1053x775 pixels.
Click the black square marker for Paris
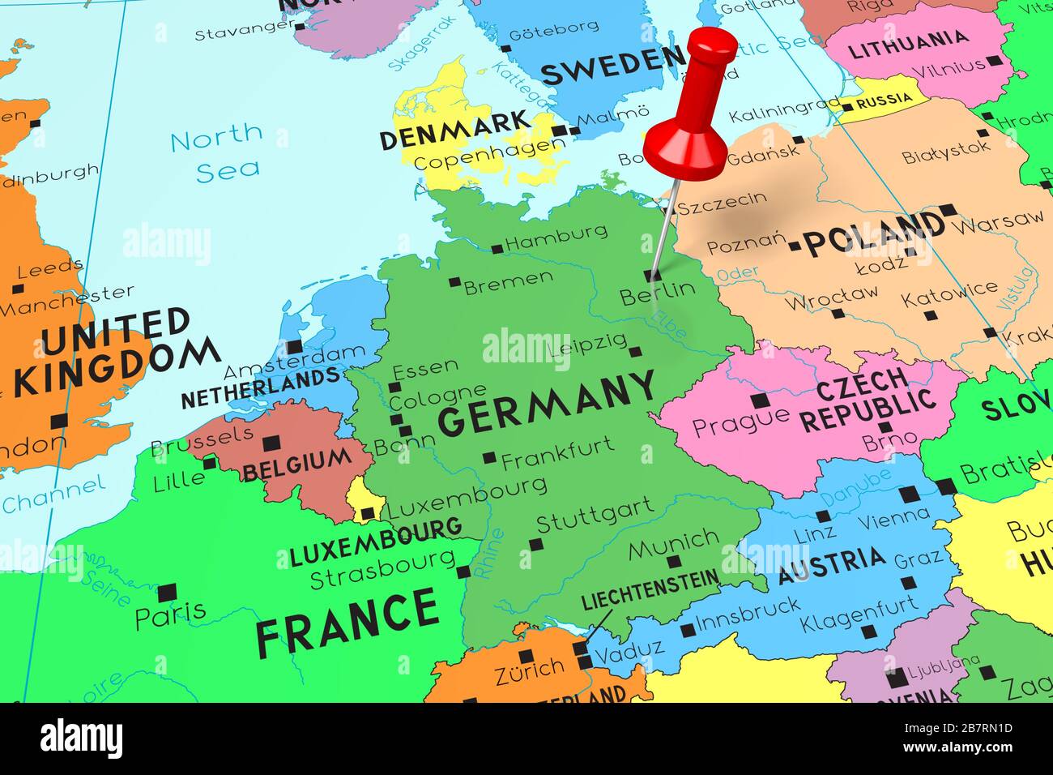(168, 593)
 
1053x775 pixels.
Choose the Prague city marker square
(759, 400)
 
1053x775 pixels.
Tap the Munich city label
(673, 542)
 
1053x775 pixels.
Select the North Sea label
(216, 151)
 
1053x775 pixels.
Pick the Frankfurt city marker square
(489, 458)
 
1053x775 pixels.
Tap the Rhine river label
(490, 554)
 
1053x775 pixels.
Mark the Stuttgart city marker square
(535, 544)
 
